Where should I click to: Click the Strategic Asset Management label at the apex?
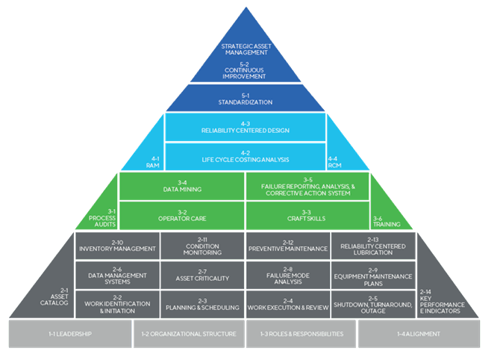coord(246,49)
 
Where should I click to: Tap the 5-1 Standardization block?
coord(246,98)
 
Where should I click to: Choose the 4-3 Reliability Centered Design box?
coord(246,126)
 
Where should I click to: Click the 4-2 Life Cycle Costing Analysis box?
coord(246,157)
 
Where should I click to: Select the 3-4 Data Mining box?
coord(182,186)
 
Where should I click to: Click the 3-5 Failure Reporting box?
coord(307,187)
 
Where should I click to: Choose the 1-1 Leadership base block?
coord(70,334)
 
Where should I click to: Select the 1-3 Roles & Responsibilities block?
coord(301,334)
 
